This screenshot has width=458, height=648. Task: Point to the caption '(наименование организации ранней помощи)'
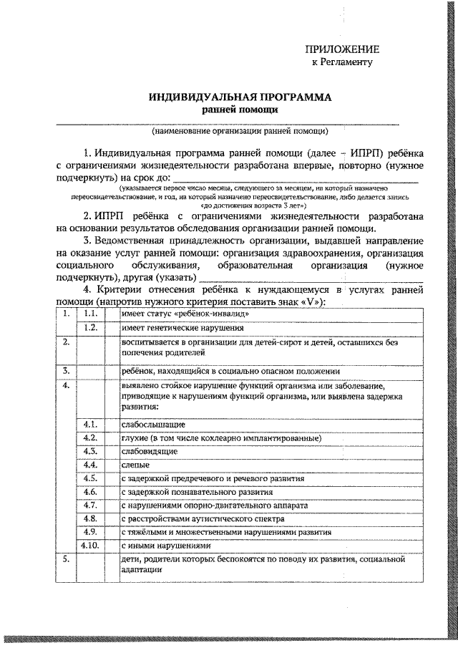tap(240, 131)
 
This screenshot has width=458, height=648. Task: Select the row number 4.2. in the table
tap(90, 437)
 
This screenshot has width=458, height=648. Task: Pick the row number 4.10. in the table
tap(90, 546)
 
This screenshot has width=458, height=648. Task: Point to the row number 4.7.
tap(90, 505)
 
